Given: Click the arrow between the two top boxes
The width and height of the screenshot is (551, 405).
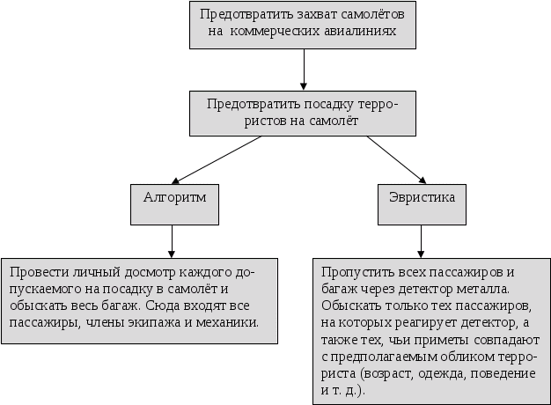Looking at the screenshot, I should coord(304,69).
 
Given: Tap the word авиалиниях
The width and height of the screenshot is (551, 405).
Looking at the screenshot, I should coord(371,33).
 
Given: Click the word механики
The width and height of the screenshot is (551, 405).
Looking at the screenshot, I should coord(230,323).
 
